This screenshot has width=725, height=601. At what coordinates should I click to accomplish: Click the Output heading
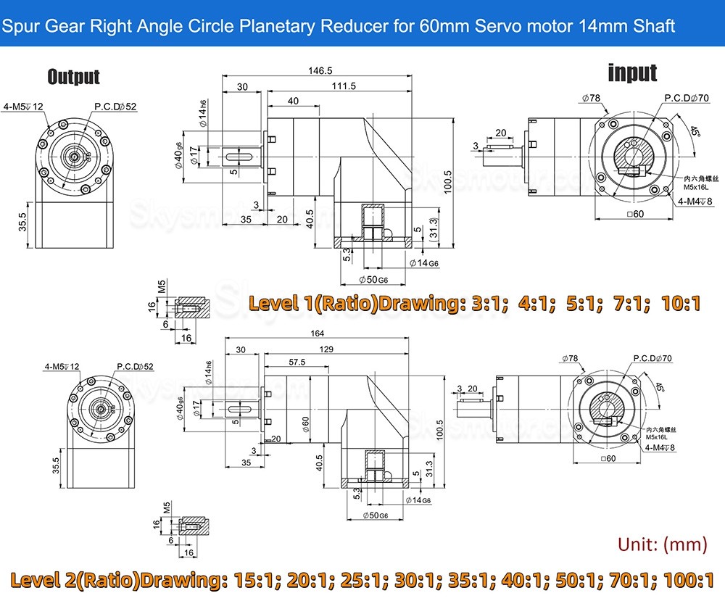(73, 77)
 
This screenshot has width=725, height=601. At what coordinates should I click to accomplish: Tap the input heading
(632, 72)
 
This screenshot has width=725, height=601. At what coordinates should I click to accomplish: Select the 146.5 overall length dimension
(319, 71)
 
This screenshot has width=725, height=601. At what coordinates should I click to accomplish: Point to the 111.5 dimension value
(344, 86)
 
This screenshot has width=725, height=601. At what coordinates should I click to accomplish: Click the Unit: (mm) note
(662, 544)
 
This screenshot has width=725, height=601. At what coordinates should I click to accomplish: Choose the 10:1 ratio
(681, 302)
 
